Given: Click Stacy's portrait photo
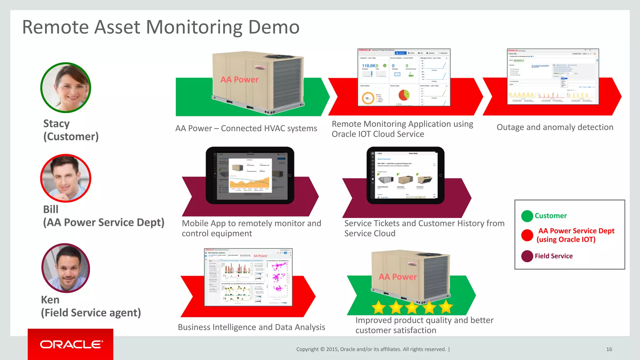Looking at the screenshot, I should pyautogui.click(x=66, y=88).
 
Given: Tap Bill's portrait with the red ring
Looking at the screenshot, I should pyautogui.click(x=66, y=178).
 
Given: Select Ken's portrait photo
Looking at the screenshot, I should pyautogui.click(x=66, y=268).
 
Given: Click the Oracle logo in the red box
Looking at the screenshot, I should pyautogui.click(x=71, y=344).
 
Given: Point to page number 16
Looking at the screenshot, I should pyautogui.click(x=609, y=349).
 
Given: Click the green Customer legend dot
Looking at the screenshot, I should pyautogui.click(x=527, y=216).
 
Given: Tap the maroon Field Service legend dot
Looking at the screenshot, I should pyautogui.click(x=527, y=256).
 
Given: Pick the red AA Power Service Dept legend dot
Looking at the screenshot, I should pyautogui.click(x=527, y=235).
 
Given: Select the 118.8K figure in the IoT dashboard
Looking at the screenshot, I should pyautogui.click(x=370, y=66).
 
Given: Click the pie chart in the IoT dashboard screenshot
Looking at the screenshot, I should pyautogui.click(x=404, y=95).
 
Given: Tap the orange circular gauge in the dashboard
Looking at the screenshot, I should pyautogui.click(x=368, y=98).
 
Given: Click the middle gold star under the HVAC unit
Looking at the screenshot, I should pyautogui.click(x=412, y=307).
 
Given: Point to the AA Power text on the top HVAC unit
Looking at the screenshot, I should pyautogui.click(x=239, y=80).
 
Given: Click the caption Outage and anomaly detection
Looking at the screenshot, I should pyautogui.click(x=555, y=127).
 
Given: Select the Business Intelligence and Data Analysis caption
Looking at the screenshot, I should pyautogui.click(x=251, y=327).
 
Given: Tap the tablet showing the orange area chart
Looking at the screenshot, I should pyautogui.click(x=250, y=176).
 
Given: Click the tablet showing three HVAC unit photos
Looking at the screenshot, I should pyautogui.click(x=405, y=176).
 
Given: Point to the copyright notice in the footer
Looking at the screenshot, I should pyautogui.click(x=371, y=349).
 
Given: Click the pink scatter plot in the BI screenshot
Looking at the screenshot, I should pyautogui.click(x=278, y=277).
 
